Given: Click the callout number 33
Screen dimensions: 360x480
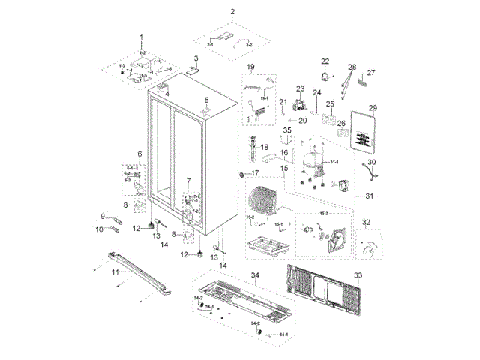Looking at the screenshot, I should (358, 276).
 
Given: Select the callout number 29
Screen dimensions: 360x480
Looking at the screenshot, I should (373, 108).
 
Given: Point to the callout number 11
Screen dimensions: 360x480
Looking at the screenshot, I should (115, 273).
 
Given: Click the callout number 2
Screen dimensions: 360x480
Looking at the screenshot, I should (232, 12).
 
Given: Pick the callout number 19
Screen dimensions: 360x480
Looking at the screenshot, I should (251, 67).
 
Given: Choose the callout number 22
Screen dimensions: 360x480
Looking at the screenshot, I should (325, 61).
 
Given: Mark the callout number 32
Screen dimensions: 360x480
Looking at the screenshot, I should (366, 222).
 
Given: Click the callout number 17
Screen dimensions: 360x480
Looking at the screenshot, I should (255, 173).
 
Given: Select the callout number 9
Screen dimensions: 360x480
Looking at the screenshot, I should (103, 216).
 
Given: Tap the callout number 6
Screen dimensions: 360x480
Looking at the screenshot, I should (139, 154).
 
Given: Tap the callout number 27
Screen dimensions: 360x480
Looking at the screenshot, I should (370, 73).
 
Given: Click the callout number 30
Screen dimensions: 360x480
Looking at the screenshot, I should (372, 162).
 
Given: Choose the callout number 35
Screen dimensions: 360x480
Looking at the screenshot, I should (287, 131).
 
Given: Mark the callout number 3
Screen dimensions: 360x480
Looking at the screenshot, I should (196, 58).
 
